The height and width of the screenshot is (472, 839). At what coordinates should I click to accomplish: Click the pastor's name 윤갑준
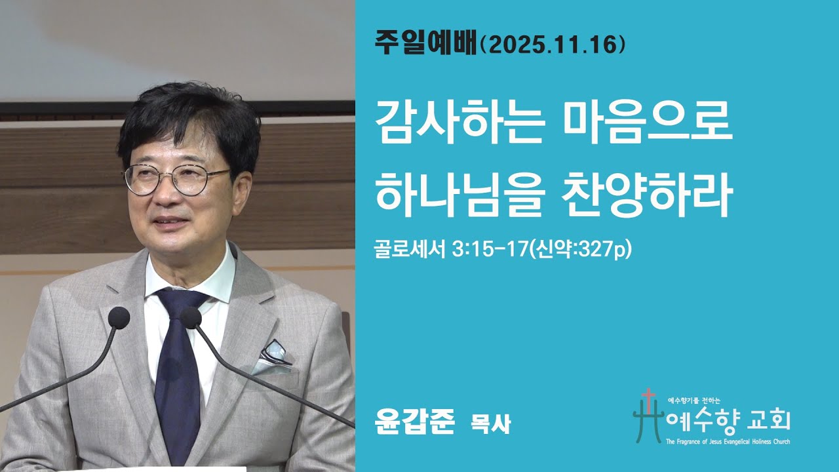click(x=414, y=422)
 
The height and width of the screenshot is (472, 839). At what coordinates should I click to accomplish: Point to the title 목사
click(x=491, y=423)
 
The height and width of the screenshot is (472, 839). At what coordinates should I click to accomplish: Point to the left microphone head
click(x=119, y=318)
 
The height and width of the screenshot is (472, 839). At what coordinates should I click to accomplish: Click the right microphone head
click(x=191, y=318)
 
